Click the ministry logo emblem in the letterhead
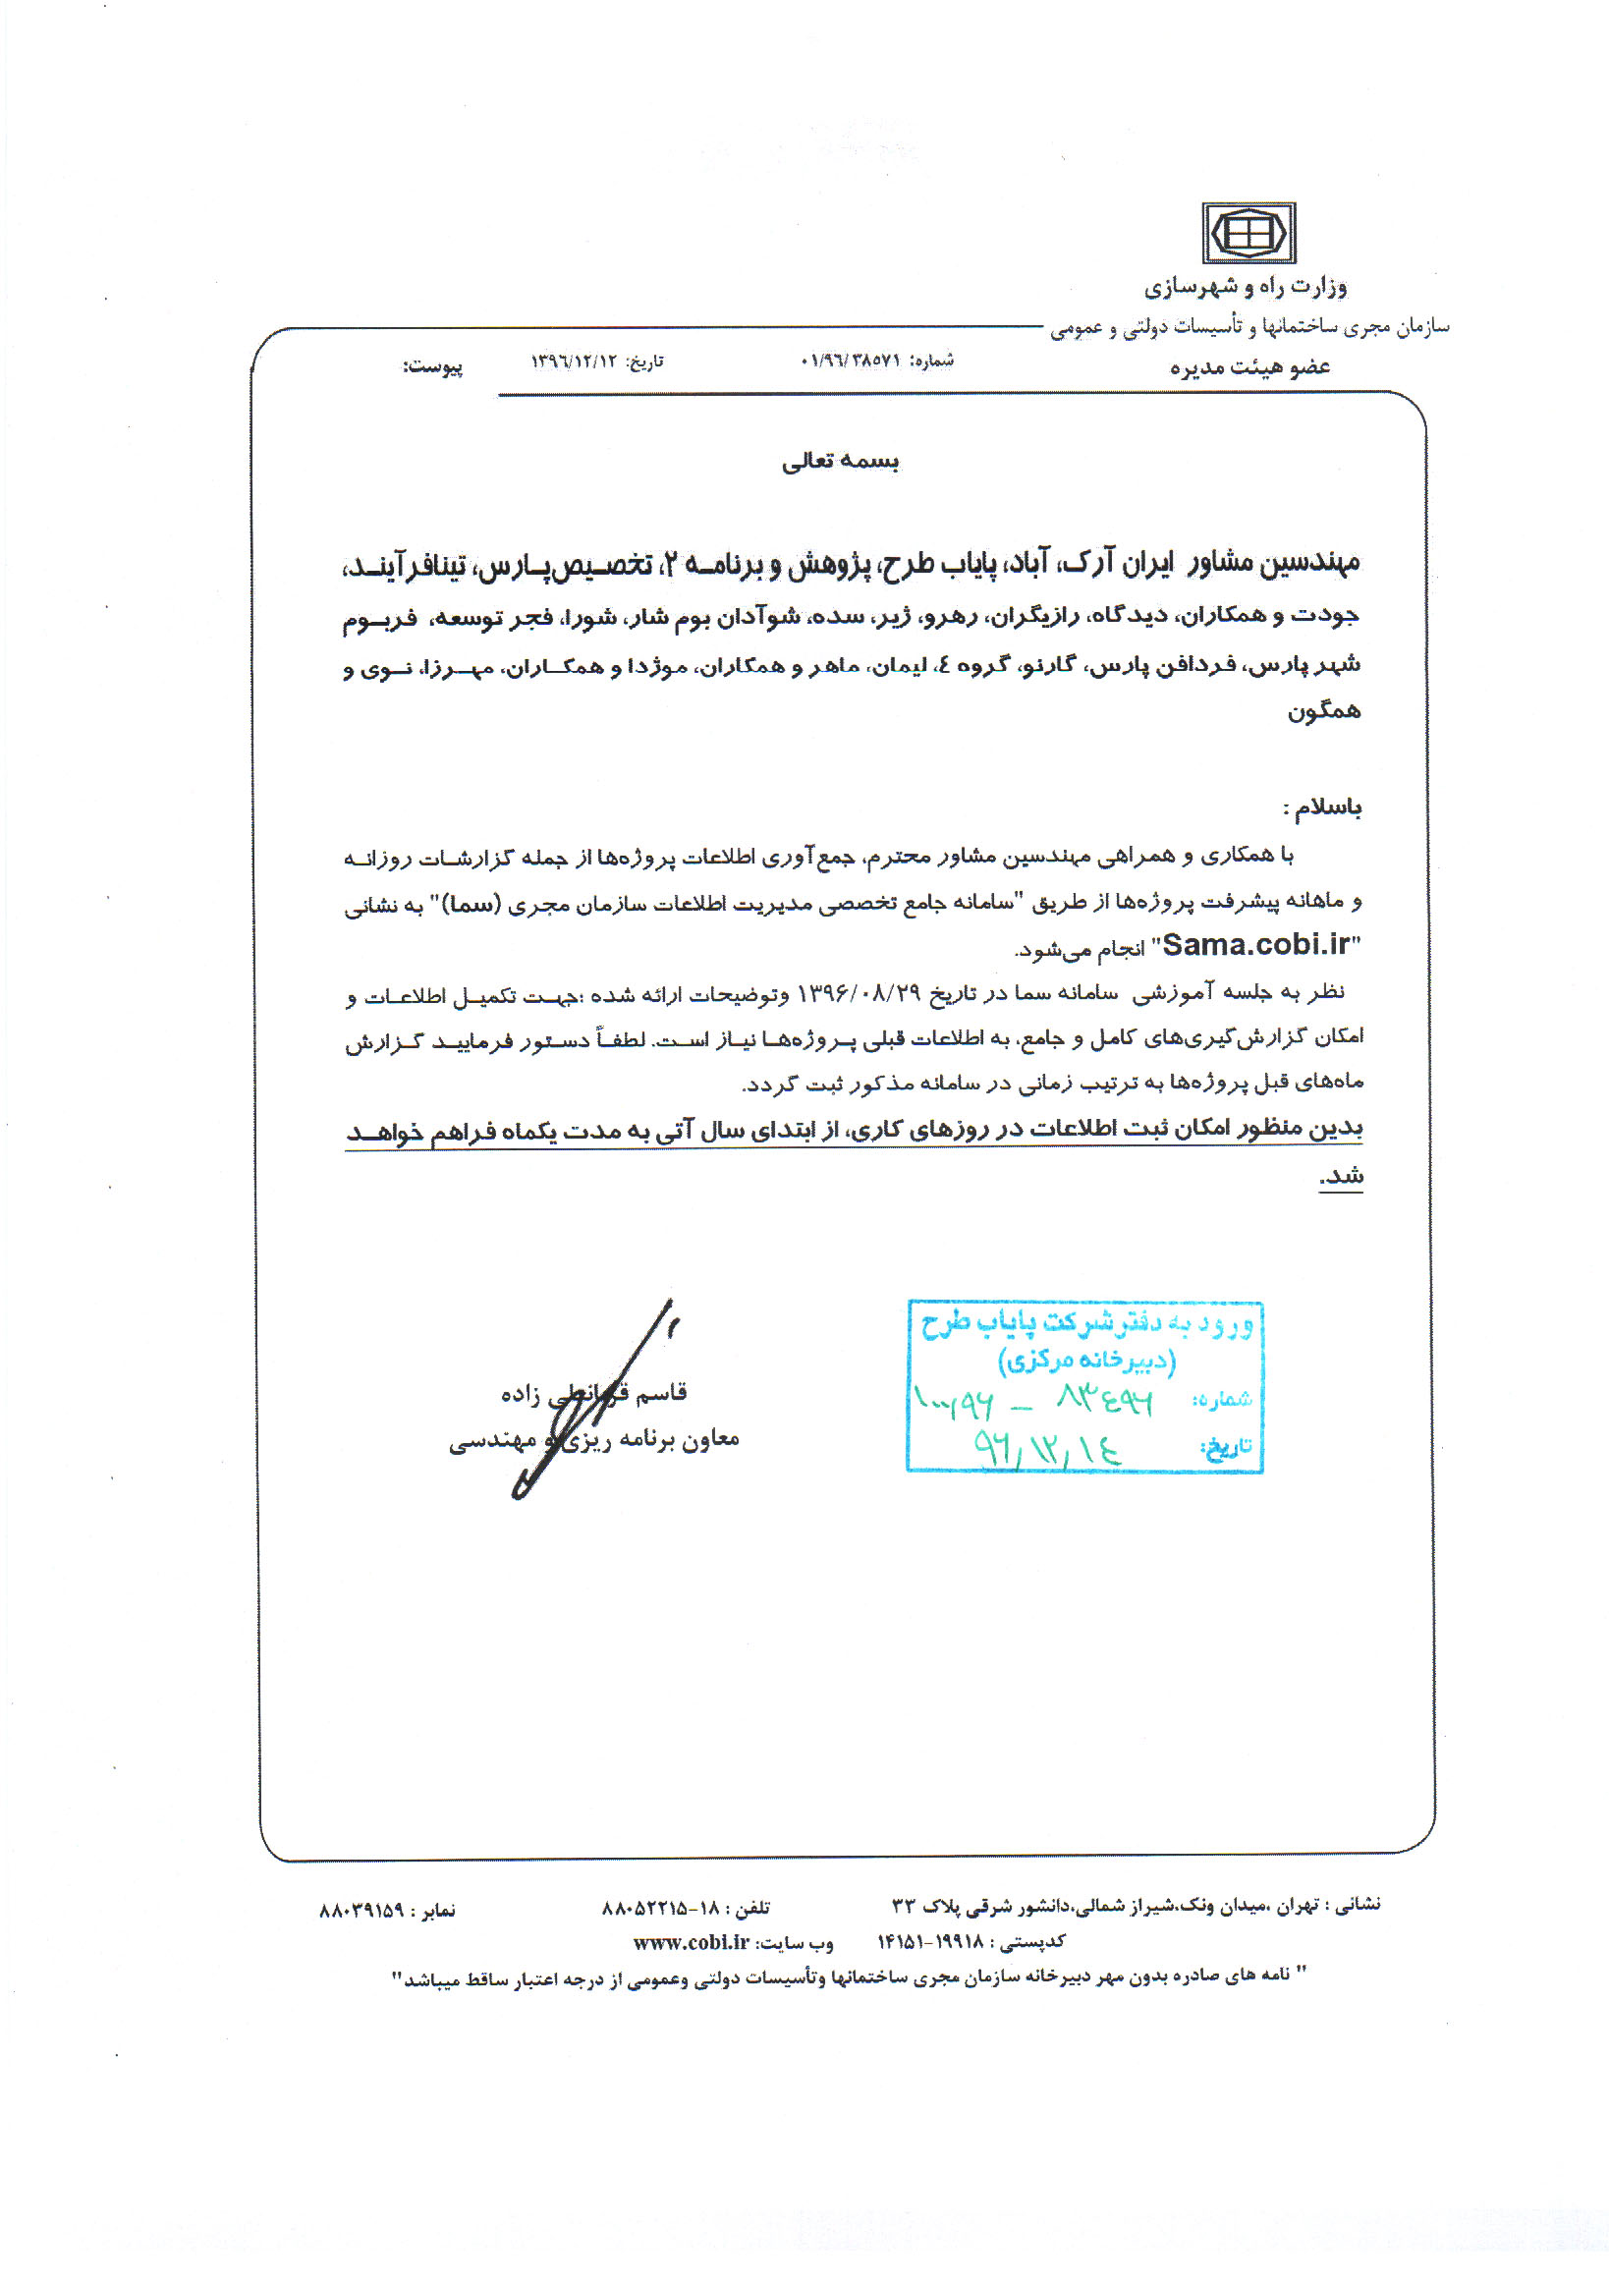pos(1248,234)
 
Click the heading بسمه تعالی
pos(840,461)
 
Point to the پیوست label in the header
pos(432,366)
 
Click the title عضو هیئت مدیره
pos(1249,367)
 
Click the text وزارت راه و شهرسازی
pos(1246,288)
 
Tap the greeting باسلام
pos(1323,807)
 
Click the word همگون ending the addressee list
pos(1323,711)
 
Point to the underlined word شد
pos(1341,1176)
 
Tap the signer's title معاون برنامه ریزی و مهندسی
pos(593,1439)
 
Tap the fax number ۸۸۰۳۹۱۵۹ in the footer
pos(361,1911)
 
